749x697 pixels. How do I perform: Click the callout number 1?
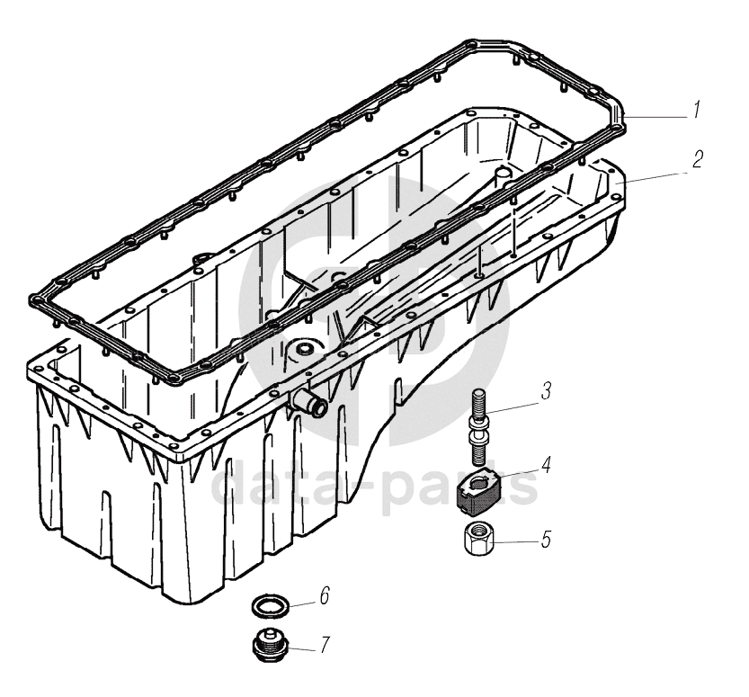[x=697, y=110]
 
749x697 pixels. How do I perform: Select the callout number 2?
[x=698, y=159]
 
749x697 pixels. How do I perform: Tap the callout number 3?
[x=546, y=390]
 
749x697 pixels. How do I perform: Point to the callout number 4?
[x=546, y=464]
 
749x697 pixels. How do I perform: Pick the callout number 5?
[x=546, y=539]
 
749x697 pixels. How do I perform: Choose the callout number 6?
[x=325, y=595]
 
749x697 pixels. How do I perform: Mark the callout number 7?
[x=325, y=645]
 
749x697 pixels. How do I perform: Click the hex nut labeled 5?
[x=479, y=539]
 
